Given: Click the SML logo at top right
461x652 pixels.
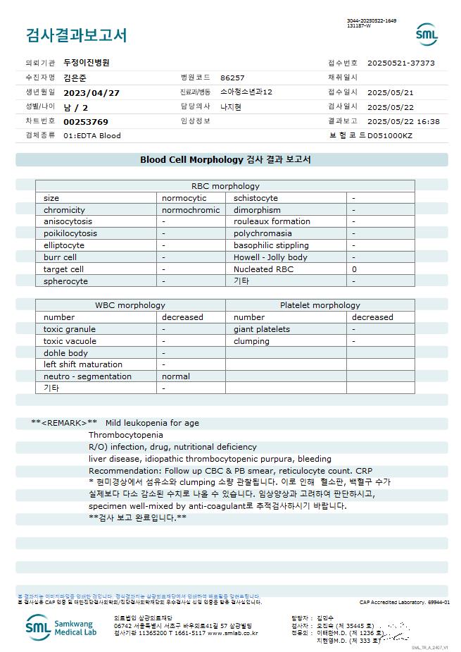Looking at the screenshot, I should [427, 34].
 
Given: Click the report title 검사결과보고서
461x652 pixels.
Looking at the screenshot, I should [76, 35].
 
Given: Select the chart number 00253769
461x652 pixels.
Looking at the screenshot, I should [86, 122].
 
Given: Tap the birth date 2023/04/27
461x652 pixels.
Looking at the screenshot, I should [91, 92].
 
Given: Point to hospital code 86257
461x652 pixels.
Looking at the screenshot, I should [232, 78].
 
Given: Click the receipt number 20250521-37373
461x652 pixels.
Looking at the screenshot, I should [400, 63].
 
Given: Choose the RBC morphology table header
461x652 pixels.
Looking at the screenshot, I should [225, 186].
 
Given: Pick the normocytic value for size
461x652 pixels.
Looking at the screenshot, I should [184, 198].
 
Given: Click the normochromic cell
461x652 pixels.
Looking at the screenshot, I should [191, 210].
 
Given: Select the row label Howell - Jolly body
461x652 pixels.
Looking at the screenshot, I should [270, 257].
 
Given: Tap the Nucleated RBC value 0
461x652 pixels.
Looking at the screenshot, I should [355, 269].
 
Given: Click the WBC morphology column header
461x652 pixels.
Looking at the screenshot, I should [130, 305].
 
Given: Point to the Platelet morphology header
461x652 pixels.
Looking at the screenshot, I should [320, 305].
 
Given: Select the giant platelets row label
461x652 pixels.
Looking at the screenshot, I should [262, 329].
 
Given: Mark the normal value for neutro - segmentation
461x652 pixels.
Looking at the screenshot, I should [176, 376].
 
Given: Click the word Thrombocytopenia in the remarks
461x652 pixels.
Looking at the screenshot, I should [125, 435].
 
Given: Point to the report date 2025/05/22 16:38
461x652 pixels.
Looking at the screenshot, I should [403, 122].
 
